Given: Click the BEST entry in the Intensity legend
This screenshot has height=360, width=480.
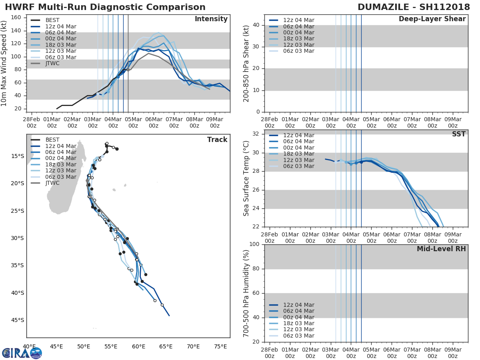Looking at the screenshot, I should coord(52,20).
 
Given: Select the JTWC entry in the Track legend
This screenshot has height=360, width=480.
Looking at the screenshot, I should coord(52,183).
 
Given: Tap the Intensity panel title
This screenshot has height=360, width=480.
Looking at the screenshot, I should coord(211,19).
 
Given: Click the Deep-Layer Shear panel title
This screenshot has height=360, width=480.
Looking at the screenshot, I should coord(432,19).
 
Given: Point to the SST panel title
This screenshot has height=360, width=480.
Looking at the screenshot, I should coord(458,134).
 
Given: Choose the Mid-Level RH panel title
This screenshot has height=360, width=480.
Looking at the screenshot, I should coord(441,249).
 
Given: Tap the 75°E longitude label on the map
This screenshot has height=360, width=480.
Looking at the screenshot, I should coord(220,346).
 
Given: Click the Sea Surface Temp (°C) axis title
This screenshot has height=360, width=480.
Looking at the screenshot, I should coord(246,178).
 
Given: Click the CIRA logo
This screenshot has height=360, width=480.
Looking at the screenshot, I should coord(22,353).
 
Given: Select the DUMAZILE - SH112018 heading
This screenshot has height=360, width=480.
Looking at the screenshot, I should coord(414,7).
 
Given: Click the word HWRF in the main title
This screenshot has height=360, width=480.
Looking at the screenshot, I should coord(18,7).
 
